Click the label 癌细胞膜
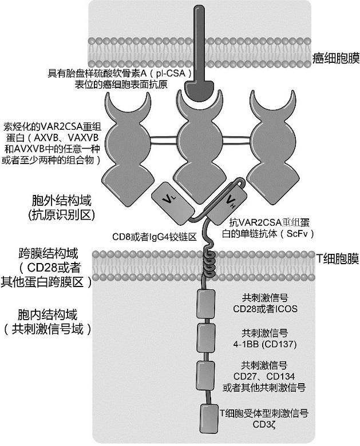[x=337, y=58]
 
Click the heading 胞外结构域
[x=62, y=202]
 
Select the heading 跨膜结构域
[x=56, y=253]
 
